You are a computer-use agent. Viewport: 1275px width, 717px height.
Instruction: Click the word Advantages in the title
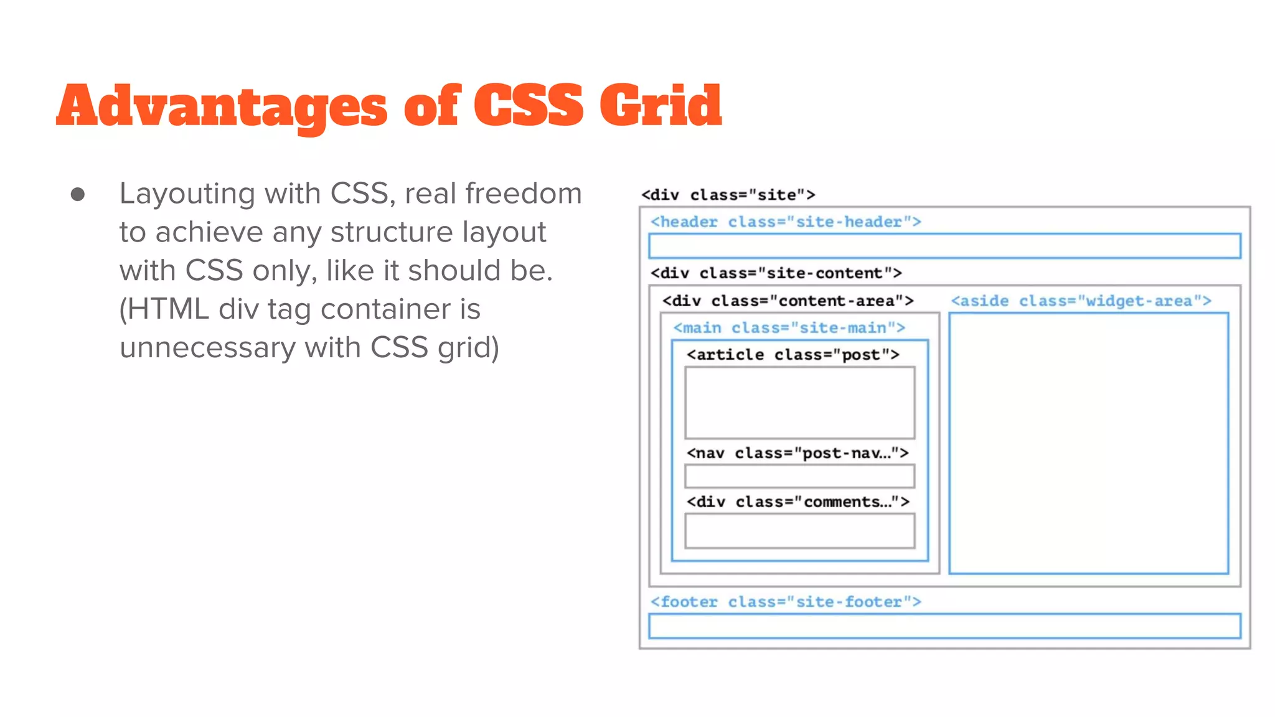pyautogui.click(x=222, y=106)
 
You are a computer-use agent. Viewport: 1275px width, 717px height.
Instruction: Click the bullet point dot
pyautogui.click(x=78, y=195)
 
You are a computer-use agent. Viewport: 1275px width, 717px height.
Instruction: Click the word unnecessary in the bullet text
pyautogui.click(x=207, y=347)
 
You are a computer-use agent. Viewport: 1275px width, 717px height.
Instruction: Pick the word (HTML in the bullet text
pyautogui.click(x=164, y=309)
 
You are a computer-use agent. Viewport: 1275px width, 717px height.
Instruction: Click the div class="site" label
pyautogui.click(x=728, y=195)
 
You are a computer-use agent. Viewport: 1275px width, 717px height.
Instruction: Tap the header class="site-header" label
pyautogui.click(x=785, y=222)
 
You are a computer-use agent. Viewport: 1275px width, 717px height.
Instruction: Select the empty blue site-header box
pyautogui.click(x=944, y=246)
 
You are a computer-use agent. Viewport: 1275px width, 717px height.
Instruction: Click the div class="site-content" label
pyautogui.click(x=776, y=273)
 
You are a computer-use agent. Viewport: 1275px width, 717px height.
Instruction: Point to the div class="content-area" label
pyautogui.click(x=788, y=301)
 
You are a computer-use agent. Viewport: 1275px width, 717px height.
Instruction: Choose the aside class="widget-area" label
pyautogui.click(x=1081, y=301)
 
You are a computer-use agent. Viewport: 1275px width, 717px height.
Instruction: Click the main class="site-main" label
pyautogui.click(x=789, y=327)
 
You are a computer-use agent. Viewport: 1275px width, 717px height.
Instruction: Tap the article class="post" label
pyautogui.click(x=793, y=354)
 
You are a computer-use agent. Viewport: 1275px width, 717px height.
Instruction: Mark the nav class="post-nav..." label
pyautogui.click(x=797, y=452)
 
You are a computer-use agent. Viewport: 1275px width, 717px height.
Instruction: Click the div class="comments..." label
pyautogui.click(x=797, y=501)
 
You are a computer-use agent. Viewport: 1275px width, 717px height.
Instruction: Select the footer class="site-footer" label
pyautogui.click(x=785, y=601)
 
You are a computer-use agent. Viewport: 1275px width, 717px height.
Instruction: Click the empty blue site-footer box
pyautogui.click(x=944, y=626)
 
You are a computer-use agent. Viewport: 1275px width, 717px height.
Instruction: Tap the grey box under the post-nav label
pyautogui.click(x=799, y=476)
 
